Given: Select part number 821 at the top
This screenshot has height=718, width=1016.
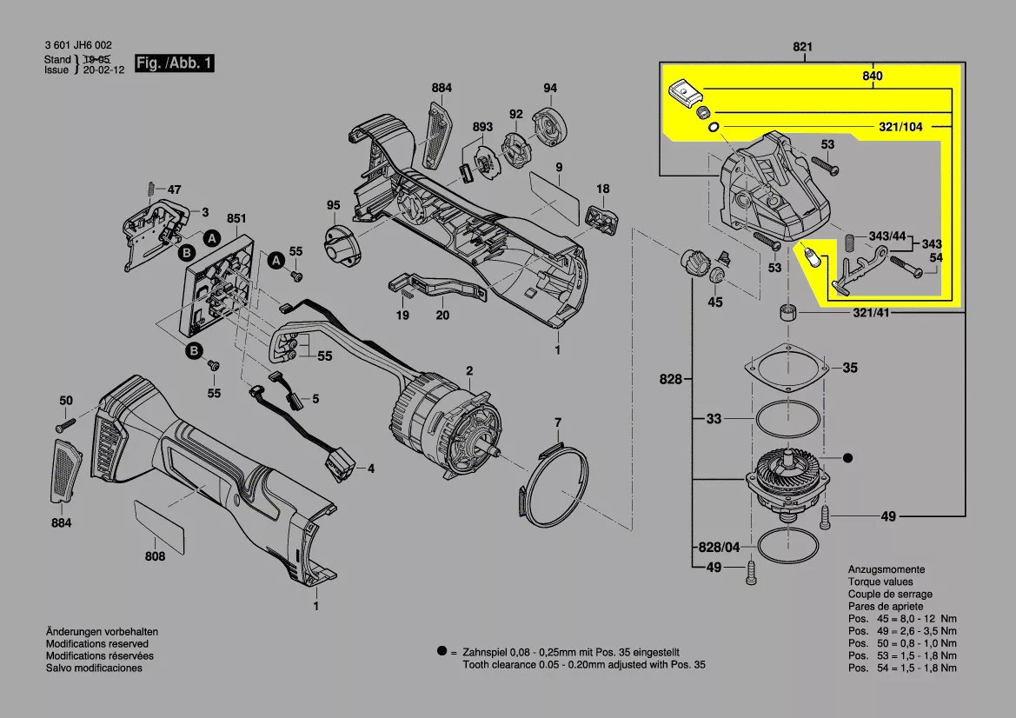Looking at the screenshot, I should click(x=802, y=46).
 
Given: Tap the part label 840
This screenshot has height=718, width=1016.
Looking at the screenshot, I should click(x=873, y=76).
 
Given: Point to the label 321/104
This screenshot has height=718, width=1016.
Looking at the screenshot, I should click(x=900, y=127).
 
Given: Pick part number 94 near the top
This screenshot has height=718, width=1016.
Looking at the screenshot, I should click(x=550, y=88).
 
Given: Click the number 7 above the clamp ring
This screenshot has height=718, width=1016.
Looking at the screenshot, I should click(x=558, y=422).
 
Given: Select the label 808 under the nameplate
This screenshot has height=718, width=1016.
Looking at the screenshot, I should click(x=155, y=556).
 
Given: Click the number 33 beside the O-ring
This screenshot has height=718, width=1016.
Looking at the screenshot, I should click(x=714, y=419).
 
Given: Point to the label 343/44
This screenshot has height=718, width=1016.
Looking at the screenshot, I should click(x=887, y=236).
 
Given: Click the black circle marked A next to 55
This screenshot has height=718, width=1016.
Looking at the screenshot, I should click(x=276, y=260).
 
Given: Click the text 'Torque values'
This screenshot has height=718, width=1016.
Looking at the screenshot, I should click(x=880, y=582).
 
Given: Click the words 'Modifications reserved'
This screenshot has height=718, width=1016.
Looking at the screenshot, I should click(x=95, y=643).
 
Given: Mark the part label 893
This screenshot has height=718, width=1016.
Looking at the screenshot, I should click(x=482, y=127).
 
